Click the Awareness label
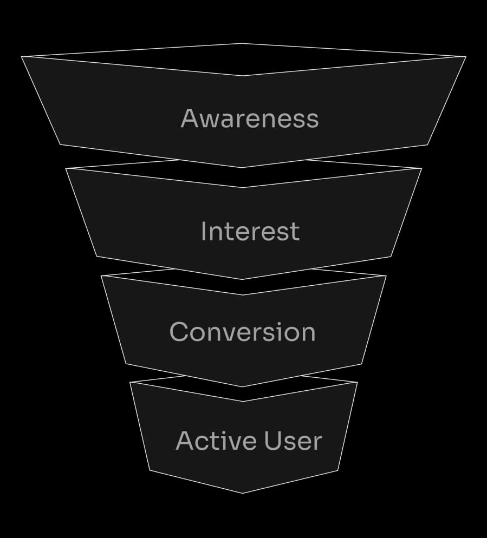[250, 119]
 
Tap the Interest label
[250, 231]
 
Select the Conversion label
[242, 332]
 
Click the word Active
[210, 441]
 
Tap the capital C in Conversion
[179, 332]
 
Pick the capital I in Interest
[203, 231]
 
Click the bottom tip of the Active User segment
[242, 493]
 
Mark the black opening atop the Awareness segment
[242, 59]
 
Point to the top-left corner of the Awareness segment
[22, 56]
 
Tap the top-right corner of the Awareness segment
[466, 56]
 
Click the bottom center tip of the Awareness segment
[242, 168]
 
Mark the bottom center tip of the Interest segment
[242, 279]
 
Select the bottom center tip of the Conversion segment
[242, 387]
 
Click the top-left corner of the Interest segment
[66, 168]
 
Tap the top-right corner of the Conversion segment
[386, 276]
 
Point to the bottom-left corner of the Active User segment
[150, 470]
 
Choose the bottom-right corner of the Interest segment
[391, 256]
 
